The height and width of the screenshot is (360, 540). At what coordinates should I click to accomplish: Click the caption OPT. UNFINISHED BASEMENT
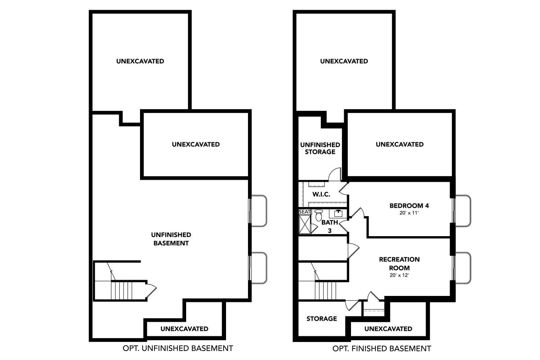178,348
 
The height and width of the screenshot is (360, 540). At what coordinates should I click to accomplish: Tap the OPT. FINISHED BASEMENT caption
382,348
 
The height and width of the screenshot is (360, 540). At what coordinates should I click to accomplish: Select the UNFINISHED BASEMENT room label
171,239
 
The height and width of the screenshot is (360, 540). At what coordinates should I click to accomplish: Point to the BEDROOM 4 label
409,206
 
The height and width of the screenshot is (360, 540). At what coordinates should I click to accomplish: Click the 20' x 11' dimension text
409,213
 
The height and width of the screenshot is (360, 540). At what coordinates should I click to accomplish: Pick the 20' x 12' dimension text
399,275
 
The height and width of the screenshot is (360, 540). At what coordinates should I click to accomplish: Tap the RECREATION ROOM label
399,264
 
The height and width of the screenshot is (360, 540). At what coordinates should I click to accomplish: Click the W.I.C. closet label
321,194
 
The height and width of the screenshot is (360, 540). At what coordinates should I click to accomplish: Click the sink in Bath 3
338,213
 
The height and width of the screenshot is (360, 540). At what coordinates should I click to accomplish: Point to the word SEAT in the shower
305,212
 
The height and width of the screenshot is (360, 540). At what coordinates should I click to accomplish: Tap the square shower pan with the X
305,225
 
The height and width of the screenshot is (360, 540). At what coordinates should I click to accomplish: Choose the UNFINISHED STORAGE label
320,148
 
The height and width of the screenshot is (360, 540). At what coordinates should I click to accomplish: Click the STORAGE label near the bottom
321,319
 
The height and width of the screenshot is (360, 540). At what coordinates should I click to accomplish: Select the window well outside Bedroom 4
463,211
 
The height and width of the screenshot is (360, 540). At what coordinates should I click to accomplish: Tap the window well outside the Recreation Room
463,268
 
